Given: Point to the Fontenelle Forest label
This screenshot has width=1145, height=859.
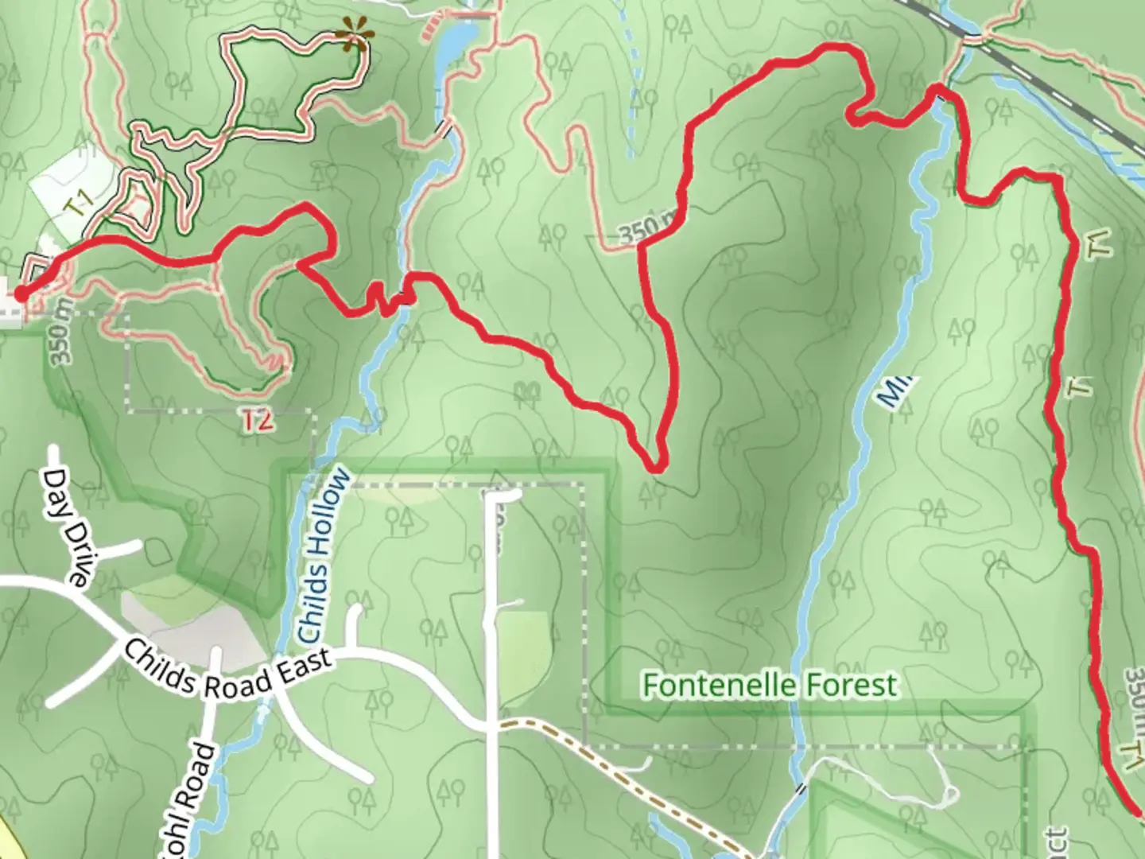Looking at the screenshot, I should click(770, 685).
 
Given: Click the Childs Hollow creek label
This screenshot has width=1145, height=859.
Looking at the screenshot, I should click(324, 556).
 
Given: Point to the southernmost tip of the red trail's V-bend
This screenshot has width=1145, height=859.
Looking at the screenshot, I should click(655, 468).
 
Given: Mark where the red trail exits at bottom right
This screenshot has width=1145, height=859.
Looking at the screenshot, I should click(1139, 811).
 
